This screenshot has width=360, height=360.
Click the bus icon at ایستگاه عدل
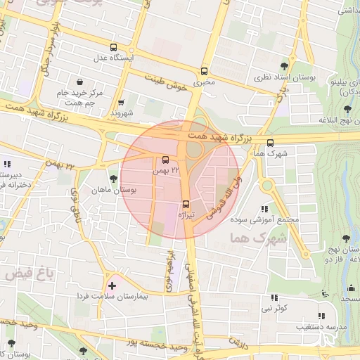click(113, 49)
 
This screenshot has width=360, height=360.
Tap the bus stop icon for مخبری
click(204, 71)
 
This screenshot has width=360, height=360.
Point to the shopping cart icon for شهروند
click(121, 102)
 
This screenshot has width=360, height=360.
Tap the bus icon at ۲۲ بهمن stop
click(165, 160)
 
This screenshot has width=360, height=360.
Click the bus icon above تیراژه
click(186, 204)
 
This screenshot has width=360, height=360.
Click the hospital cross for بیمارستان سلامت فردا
click(112, 286)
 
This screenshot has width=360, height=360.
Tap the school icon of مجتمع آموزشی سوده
click(264, 209)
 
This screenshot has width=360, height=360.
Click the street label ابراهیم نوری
click(169, 272)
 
